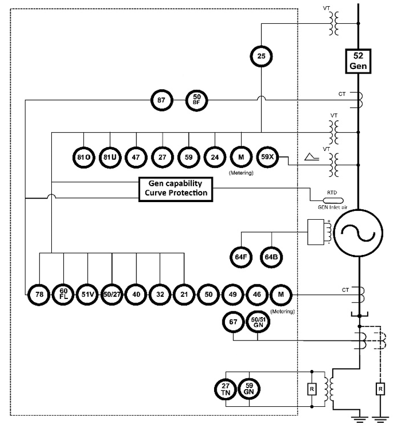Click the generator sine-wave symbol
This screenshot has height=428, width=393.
(x=358, y=233)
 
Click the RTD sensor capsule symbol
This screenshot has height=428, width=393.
(x=333, y=201)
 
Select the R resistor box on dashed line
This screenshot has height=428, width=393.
(x=380, y=389)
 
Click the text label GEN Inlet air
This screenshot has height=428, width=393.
(x=333, y=208)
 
